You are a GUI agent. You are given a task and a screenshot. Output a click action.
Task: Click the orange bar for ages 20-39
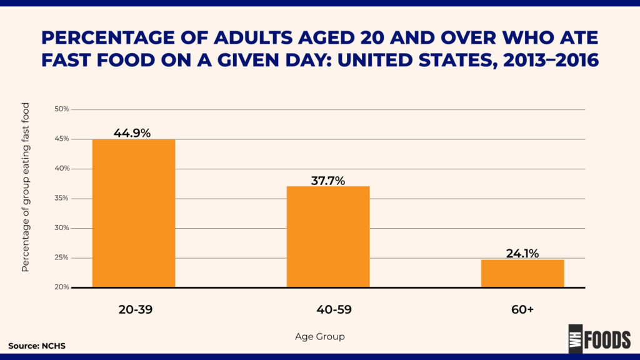point(134,214)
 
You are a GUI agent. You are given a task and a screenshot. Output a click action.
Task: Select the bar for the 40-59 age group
point(328,237)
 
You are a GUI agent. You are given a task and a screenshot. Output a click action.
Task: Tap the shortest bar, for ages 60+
point(522,274)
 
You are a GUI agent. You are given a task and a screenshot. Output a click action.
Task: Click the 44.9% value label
point(132,133)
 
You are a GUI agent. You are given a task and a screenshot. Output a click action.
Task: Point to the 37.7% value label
point(327,181)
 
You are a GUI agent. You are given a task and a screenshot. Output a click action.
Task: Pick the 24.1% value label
point(522,254)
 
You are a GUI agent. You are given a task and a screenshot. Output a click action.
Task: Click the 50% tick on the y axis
point(62,109)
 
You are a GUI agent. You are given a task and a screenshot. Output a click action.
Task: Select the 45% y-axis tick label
point(62,139)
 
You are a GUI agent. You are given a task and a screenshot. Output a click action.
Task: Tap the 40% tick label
point(62,168)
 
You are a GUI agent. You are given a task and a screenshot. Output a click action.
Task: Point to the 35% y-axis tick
point(62,198)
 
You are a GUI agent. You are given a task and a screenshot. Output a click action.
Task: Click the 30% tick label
point(62,227)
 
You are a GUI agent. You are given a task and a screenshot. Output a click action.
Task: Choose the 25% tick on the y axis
point(62,257)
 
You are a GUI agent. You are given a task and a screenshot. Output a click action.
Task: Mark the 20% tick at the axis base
point(62,287)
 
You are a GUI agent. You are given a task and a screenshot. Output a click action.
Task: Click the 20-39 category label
point(136,309)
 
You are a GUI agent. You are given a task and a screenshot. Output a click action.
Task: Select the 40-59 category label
point(334,309)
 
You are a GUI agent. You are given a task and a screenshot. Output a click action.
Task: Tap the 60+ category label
point(522,309)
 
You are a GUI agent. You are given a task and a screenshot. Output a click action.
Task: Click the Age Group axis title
point(320,337)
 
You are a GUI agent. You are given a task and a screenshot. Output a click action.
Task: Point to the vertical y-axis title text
point(25,187)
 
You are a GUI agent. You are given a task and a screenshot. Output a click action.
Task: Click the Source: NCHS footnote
point(37,346)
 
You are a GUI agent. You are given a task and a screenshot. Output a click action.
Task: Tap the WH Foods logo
point(599,339)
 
